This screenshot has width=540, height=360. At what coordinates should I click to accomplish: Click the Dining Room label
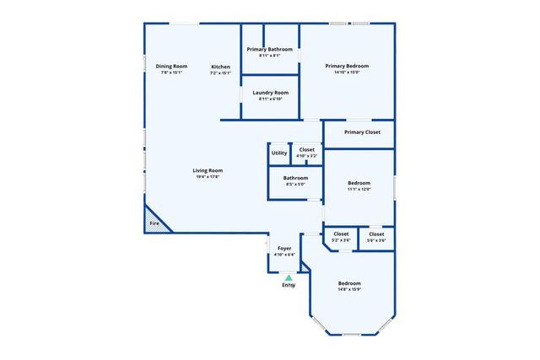pos(171,67)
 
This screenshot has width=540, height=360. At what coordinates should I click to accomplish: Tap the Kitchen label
pos(220,67)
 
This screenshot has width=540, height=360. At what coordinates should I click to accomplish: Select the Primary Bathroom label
pos(270,50)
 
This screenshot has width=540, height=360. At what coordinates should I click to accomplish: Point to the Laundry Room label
pos(271,93)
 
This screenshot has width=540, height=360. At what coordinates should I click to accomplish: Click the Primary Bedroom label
pos(347,66)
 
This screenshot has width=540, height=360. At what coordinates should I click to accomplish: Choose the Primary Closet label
pos(362,132)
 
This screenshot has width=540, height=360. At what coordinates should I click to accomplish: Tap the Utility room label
pos(279,153)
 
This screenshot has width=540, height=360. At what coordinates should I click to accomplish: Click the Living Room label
pos(208,171)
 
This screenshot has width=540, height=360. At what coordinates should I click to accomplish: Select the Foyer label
pos(284,249)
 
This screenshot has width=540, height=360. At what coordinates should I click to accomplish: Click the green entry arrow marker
pos(289,277)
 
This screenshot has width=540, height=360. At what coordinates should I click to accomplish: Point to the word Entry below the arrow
pos(289,285)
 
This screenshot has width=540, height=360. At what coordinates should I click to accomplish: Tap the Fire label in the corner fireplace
pos(154,223)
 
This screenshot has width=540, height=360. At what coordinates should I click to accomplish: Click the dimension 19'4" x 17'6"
pos(208,177)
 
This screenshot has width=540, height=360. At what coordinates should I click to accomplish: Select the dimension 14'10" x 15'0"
pos(347,73)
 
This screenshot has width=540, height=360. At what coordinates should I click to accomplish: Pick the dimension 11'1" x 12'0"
pos(359,189)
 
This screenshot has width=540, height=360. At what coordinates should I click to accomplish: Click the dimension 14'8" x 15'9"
pos(349,290)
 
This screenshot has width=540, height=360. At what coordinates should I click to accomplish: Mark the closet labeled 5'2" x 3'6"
pos(341,237)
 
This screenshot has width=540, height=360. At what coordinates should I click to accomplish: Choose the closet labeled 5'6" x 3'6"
pos(376,237)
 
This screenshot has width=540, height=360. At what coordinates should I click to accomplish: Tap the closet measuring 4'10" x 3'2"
pos(307,153)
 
